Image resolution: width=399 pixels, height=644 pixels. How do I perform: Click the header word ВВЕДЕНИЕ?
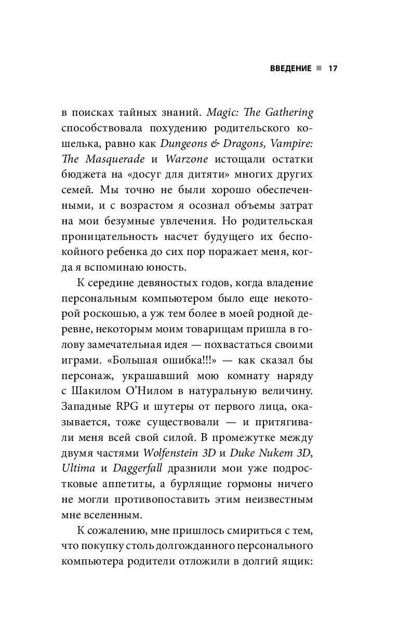point(284,69)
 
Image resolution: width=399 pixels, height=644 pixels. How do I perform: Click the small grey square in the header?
point(318,69)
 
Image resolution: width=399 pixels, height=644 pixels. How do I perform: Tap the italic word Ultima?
point(78,468)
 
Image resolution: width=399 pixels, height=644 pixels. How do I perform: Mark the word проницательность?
point(110,236)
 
